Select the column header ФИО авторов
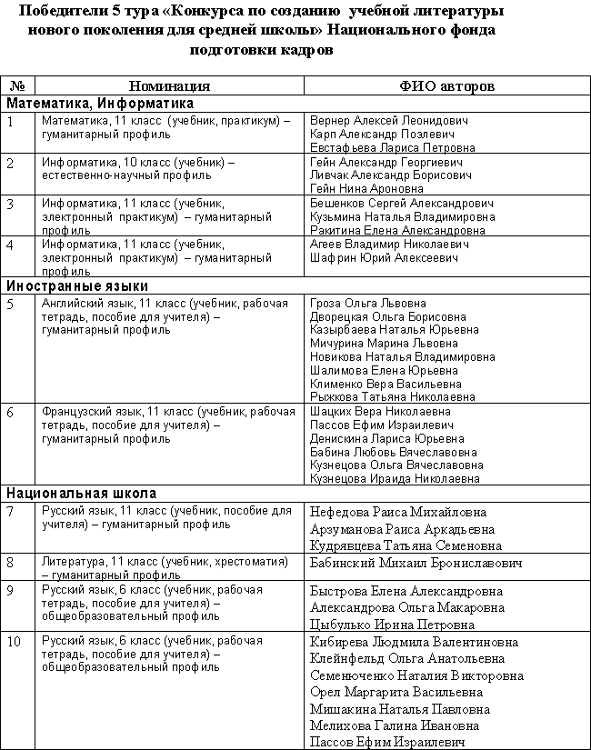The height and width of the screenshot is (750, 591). (x=446, y=85)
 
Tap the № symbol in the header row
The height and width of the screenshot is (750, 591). (x=17, y=85)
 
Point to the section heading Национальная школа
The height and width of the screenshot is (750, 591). (x=81, y=494)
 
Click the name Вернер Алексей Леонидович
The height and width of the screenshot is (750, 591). (x=388, y=120)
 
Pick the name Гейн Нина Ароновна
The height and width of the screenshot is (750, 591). (x=366, y=188)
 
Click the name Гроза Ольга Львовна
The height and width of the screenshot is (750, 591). (x=368, y=303)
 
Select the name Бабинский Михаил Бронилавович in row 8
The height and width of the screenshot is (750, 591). (x=416, y=564)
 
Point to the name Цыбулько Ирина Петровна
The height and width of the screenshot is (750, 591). (x=392, y=625)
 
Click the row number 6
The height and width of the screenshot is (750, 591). (x=11, y=412)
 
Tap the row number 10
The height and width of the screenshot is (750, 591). (x=14, y=641)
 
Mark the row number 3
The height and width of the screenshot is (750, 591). (x=11, y=204)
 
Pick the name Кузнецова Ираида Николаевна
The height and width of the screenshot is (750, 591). (x=395, y=478)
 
